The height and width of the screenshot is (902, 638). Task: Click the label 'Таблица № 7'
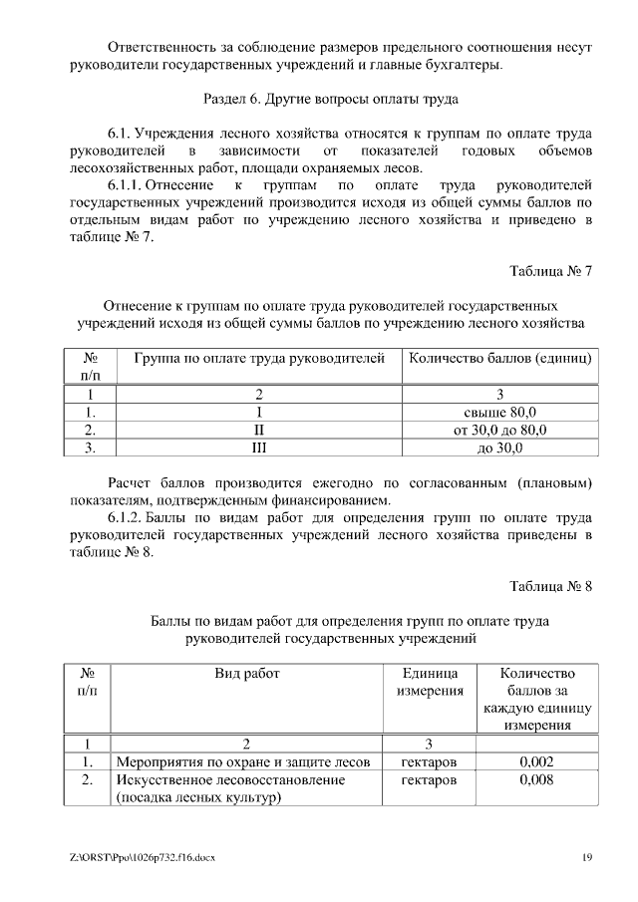coord(551,270)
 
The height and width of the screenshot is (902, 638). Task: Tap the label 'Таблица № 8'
coord(551,585)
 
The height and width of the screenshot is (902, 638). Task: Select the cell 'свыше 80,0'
coord(499,412)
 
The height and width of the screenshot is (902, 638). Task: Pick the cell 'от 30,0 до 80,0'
coord(499,430)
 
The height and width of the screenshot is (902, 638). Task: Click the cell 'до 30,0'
coord(499,448)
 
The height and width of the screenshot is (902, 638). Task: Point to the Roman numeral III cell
coord(258,448)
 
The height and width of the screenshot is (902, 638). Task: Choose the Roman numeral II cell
coord(258,430)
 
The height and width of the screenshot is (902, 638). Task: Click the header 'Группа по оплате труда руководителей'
coord(258,357)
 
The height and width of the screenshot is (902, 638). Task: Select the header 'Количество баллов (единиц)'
coord(499,357)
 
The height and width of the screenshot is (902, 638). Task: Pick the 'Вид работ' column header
coord(247,673)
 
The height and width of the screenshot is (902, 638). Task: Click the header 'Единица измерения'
coord(430,682)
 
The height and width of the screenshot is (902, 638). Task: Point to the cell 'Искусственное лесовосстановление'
coord(230,779)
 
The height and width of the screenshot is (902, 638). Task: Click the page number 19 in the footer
coord(587,857)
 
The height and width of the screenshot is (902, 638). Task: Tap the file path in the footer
coord(137,857)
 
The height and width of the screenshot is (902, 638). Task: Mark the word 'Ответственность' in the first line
coord(160,47)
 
